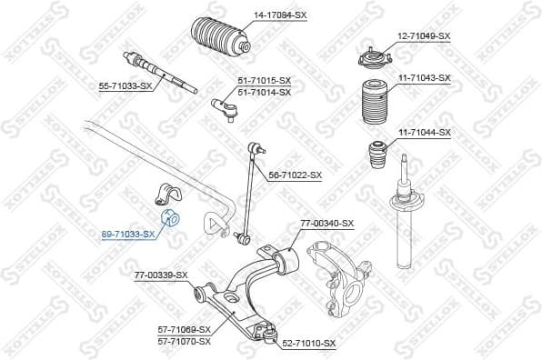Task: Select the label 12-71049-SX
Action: pyautogui.click(x=424, y=35)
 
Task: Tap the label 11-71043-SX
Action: pyautogui.click(x=424, y=78)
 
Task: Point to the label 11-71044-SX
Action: pyautogui.click(x=424, y=132)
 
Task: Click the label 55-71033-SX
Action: pyautogui.click(x=126, y=86)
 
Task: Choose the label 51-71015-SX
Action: pyautogui.click(x=265, y=80)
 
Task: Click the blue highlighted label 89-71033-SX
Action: pyautogui.click(x=128, y=234)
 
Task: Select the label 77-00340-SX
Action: pyautogui.click(x=326, y=224)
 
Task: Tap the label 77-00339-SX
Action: pyautogui.click(x=161, y=274)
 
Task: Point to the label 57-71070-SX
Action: pyautogui.click(x=183, y=341)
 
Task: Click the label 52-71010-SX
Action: pyautogui.click(x=309, y=343)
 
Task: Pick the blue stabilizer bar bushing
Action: pyautogui.click(x=171, y=219)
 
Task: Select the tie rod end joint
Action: pyautogui.click(x=225, y=109)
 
